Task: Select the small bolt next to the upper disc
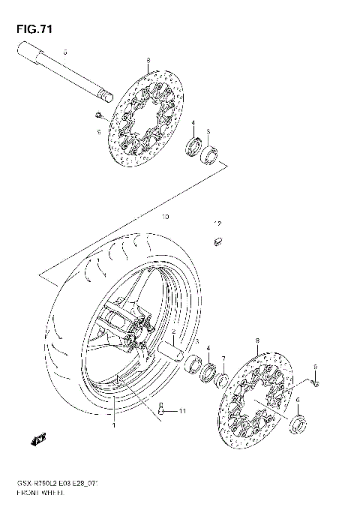pyautogui.click(x=99, y=114)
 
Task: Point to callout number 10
pyautogui.click(x=166, y=217)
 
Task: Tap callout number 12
pyautogui.click(x=217, y=223)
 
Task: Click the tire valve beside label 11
pyautogui.click(x=162, y=410)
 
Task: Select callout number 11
pyautogui.click(x=181, y=411)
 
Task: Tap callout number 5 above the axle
pyautogui.click(x=65, y=52)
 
